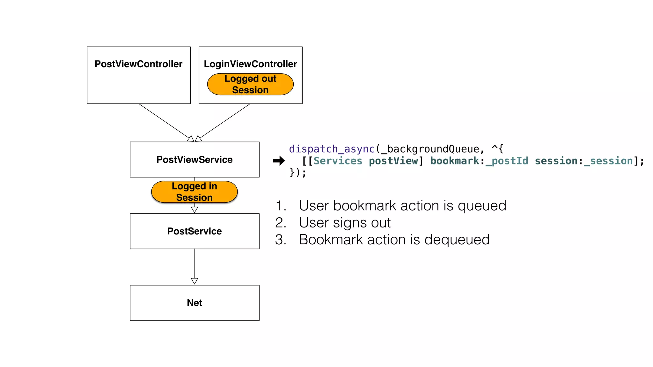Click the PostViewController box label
138,64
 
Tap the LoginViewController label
250,64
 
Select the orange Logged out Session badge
250,84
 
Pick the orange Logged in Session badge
194,192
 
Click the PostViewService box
194,160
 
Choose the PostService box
194,231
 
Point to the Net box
194,303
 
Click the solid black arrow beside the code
279,161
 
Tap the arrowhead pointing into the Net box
194,281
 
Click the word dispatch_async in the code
332,149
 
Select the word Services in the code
338,161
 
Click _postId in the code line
507,161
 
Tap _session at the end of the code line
608,161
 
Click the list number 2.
280,223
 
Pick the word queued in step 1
482,206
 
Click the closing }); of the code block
297,173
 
